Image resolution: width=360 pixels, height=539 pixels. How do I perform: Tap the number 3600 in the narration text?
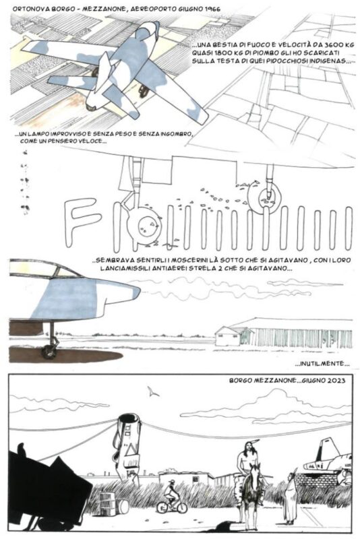[x=324, y=45]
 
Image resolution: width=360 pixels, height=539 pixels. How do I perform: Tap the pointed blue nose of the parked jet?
[x=133, y=292]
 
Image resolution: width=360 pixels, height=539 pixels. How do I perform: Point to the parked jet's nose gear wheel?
[x=48, y=351]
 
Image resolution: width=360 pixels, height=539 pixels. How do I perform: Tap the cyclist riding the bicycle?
[x=171, y=495]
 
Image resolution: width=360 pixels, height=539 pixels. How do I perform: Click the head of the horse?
[x=255, y=478]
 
